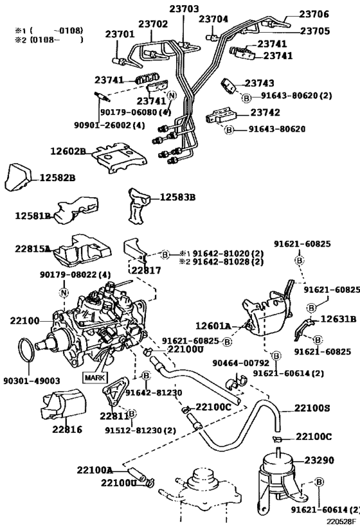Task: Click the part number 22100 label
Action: (x=24, y=319)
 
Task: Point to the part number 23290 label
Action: (x=320, y=460)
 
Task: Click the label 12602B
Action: (x=67, y=152)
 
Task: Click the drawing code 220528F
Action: (x=341, y=522)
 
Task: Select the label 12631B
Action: (x=338, y=318)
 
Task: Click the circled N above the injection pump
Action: (x=64, y=293)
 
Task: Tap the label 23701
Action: (x=120, y=35)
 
